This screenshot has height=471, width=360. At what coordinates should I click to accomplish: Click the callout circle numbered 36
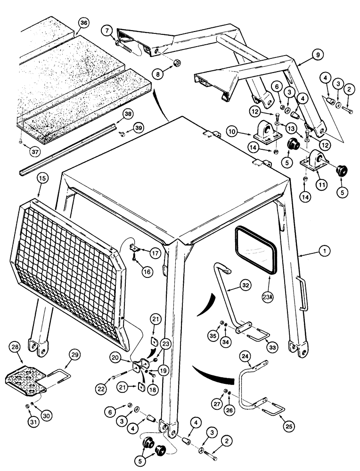tap(83, 23)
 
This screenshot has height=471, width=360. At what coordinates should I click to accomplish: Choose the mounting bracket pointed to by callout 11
tap(314, 163)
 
